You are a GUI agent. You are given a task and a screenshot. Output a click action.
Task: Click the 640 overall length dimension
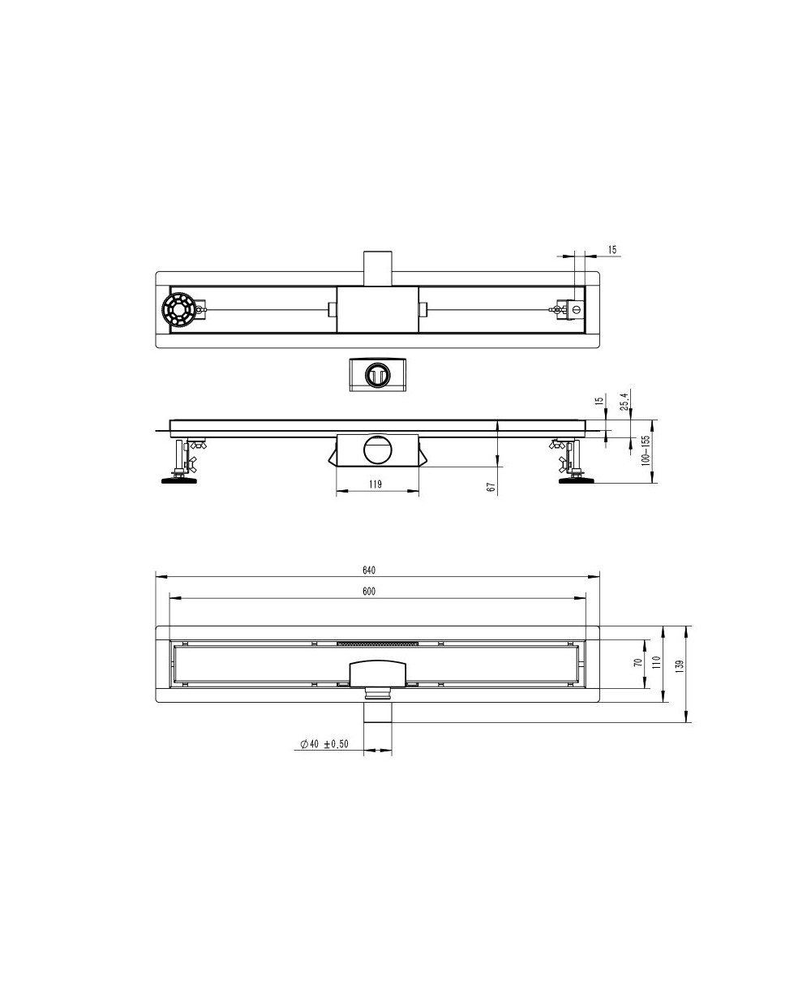click(x=369, y=570)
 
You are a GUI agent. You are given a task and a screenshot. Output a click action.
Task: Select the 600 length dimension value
click(x=369, y=592)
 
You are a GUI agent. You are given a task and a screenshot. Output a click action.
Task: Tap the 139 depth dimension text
click(x=681, y=665)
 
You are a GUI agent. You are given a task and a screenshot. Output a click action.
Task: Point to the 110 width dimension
click(x=656, y=662)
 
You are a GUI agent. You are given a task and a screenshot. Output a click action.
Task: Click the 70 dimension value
click(x=638, y=663)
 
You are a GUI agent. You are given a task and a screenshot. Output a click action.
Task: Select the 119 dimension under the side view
click(x=375, y=484)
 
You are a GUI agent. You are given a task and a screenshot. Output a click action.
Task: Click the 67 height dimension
click(x=491, y=487)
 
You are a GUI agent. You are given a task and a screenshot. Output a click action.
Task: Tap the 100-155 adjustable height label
click(x=646, y=450)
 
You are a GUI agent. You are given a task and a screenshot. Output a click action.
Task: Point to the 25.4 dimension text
click(x=624, y=399)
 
